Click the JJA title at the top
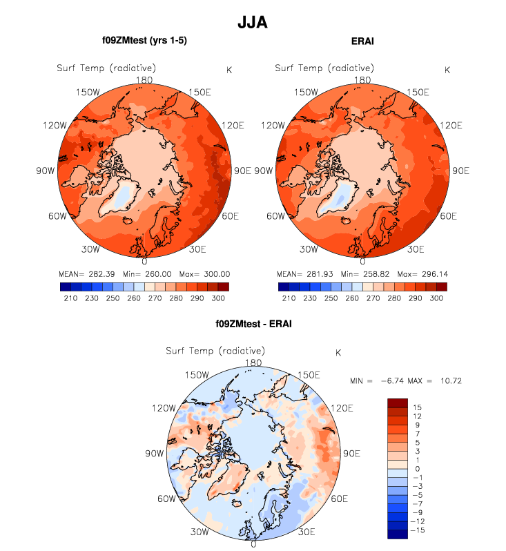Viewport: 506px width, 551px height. click(252, 23)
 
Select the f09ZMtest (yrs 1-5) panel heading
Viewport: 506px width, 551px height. click(144, 41)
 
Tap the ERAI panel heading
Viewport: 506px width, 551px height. click(362, 41)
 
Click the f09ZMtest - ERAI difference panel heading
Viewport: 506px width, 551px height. click(253, 323)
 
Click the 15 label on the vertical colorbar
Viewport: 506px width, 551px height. click(417, 408)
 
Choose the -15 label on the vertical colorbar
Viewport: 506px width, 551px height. click(420, 530)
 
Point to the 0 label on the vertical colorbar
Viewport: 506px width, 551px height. click(417, 469)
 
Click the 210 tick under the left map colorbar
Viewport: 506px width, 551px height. click(70, 298)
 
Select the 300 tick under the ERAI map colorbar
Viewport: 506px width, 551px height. click(436, 298)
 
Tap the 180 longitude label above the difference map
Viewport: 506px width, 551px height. click(253, 363)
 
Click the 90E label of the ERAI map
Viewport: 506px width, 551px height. click(459, 171)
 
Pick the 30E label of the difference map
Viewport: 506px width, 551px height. click(306, 532)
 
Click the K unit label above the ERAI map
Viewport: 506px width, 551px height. click(447, 70)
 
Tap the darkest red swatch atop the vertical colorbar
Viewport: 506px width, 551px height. click(398, 403)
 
